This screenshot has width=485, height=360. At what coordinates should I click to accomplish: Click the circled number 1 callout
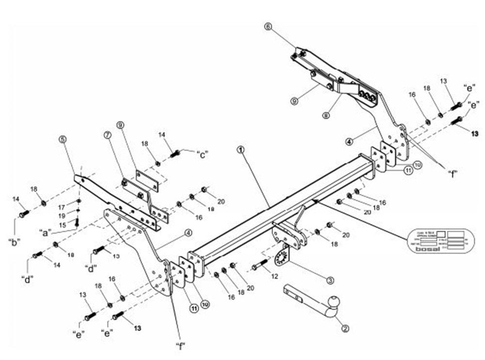tap(241, 149)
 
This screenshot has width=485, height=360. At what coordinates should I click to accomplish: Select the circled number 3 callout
tap(330, 280)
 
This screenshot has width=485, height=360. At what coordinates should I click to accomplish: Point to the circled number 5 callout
tap(63, 140)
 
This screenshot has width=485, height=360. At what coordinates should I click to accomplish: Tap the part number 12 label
tap(275, 276)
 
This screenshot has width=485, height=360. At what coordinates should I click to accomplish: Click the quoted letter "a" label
tap(47, 233)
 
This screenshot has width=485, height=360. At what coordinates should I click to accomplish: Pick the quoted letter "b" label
tap(14, 242)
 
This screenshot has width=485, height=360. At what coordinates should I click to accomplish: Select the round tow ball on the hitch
tap(334, 303)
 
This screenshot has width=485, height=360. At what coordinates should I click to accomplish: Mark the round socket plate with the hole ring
tap(281, 259)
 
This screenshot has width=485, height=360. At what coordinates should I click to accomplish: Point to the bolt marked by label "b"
tap(24, 213)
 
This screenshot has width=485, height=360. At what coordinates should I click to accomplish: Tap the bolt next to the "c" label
tap(175, 154)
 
